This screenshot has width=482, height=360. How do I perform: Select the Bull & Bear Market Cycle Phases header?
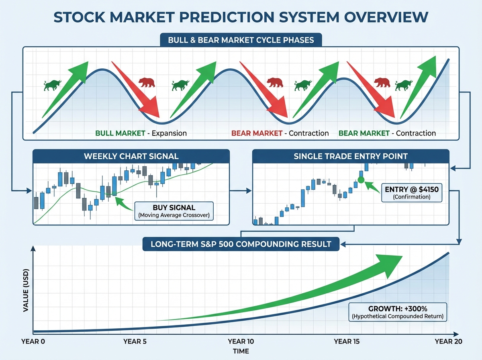pyautogui.click(x=241, y=40)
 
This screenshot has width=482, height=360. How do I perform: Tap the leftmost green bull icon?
pyautogui.click(x=52, y=85)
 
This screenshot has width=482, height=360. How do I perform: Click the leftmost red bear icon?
pyautogui.click(x=147, y=83)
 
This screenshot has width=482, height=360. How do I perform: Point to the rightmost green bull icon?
pyautogui.click(x=404, y=85)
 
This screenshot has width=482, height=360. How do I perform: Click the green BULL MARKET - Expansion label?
pyautogui.click(x=141, y=133)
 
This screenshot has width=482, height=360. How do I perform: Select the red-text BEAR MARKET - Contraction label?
pyautogui.click(x=280, y=133)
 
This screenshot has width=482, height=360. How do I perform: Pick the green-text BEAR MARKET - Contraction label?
pyautogui.click(x=387, y=133)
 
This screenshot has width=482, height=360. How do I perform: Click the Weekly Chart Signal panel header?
pyautogui.click(x=131, y=156)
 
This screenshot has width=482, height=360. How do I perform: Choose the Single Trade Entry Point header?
pyautogui.click(x=351, y=156)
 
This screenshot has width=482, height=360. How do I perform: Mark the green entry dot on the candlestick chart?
pyautogui.click(x=361, y=180)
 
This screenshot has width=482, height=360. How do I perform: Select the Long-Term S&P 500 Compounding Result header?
pyautogui.click(x=241, y=244)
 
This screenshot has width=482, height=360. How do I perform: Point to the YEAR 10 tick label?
pyautogui.click(x=241, y=342)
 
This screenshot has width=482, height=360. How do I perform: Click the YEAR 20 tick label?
pyautogui.click(x=448, y=342)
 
